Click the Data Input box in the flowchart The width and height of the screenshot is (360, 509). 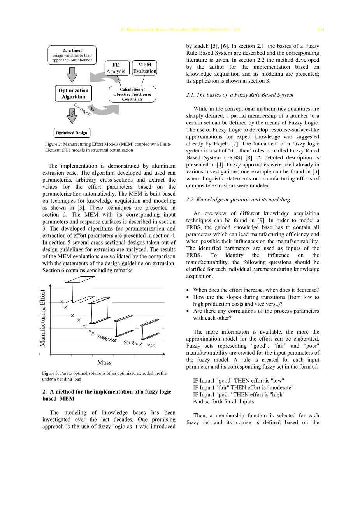tap(72, 55)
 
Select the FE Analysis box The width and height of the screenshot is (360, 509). tap(116, 68)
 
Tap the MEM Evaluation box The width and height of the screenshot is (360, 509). tap(145, 68)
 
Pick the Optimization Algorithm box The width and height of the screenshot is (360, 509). tap(73, 94)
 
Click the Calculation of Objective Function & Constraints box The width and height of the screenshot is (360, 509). tap(132, 94)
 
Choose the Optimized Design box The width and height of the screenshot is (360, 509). tap(72, 133)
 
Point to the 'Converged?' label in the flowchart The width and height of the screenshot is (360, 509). tap(83, 109)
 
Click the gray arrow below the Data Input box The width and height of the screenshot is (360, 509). tap(72, 75)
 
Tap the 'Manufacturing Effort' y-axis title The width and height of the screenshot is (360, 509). tap(43, 318)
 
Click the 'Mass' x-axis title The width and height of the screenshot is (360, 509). tap(104, 362)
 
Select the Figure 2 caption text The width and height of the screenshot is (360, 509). tap(108, 147)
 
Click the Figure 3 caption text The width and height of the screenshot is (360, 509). tap(104, 376)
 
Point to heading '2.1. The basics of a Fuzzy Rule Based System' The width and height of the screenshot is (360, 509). tap(240, 95)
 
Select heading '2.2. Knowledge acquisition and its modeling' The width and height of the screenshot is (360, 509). tap(238, 199)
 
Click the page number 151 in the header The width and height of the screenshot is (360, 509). tap(321, 30)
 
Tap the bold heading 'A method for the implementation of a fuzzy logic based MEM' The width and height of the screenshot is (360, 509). tap(107, 395)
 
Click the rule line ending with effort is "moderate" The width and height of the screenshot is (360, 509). tap(243, 388)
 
